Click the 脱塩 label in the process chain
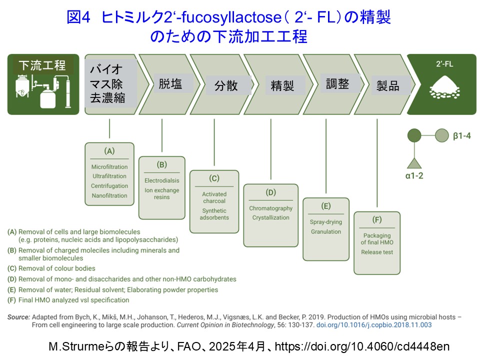click(171, 83)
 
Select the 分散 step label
click(226, 85)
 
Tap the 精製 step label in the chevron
click(282, 85)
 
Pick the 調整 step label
click(337, 83)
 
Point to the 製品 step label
click(388, 86)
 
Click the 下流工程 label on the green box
click(42, 65)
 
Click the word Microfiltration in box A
click(109, 166)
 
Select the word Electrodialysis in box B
click(161, 180)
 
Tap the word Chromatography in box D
click(270, 208)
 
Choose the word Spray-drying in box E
click(326, 222)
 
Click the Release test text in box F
click(377, 252)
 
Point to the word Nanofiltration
click(109, 195)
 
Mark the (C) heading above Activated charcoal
click(214, 178)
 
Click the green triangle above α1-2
click(413, 162)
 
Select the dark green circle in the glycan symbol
click(413, 135)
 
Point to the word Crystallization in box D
click(270, 217)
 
